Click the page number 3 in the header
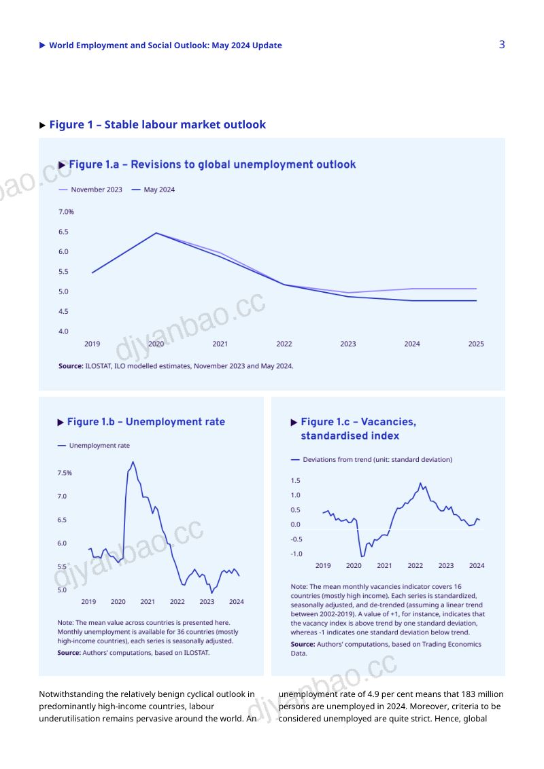(x=502, y=45)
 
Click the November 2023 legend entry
(x=90, y=190)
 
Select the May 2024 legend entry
(x=153, y=190)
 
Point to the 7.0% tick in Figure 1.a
(x=66, y=212)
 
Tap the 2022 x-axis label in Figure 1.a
(x=284, y=344)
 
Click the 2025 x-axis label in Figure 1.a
(x=476, y=344)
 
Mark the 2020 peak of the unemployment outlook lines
(x=156, y=233)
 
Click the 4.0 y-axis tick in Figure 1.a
(x=63, y=332)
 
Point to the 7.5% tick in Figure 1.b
(x=65, y=473)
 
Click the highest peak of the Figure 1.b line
(x=133, y=462)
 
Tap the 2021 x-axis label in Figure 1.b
(x=148, y=602)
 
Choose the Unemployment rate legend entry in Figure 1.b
(x=94, y=446)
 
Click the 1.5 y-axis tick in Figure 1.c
(x=295, y=481)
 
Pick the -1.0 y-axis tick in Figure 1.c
(x=296, y=554)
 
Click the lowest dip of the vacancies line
(x=362, y=556)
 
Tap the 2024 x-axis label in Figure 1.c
(x=477, y=565)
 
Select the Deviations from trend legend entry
(x=372, y=459)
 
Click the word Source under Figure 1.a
(x=71, y=366)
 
